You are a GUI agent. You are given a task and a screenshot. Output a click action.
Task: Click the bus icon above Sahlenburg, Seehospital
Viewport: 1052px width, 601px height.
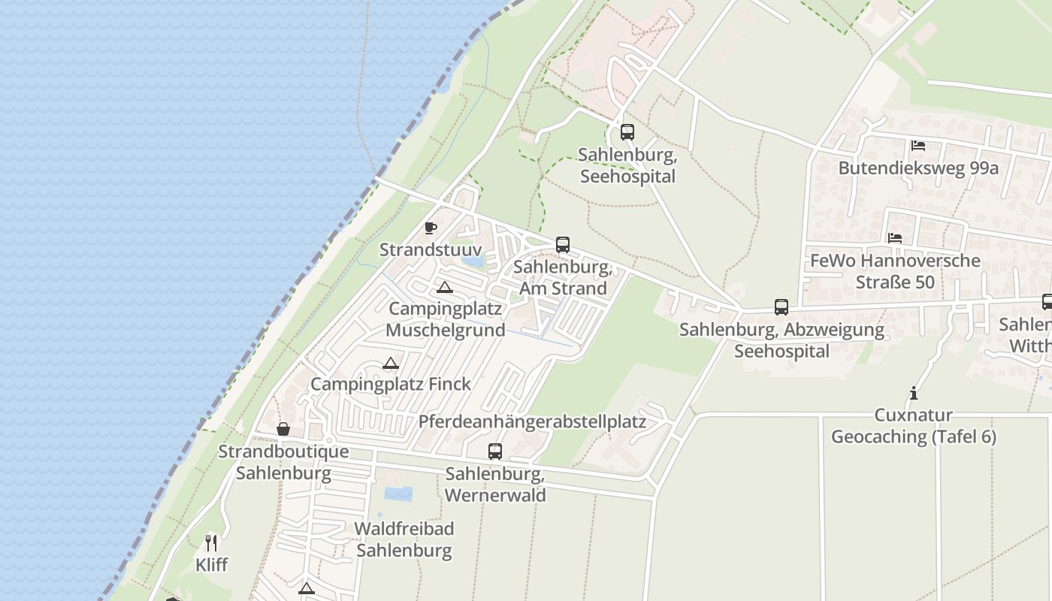[627, 132]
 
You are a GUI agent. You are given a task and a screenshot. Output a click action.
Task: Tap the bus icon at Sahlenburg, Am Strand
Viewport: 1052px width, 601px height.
[563, 244]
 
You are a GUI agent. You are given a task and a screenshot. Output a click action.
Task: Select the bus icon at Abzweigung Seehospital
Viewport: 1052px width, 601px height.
[781, 307]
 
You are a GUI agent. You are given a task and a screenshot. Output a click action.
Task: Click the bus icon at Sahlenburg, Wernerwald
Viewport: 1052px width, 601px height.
[495, 451]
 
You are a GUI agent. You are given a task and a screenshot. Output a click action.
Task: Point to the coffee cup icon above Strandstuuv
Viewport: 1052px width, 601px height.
[431, 228]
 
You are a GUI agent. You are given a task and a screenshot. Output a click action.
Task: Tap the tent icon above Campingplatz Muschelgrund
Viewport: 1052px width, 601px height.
[445, 287]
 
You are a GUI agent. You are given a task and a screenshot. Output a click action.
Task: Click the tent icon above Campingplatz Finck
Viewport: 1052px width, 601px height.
[390, 364]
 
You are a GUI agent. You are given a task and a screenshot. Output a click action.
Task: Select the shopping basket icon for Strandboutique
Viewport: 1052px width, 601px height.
[283, 429]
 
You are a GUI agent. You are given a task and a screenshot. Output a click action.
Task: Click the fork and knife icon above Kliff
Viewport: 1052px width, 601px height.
[211, 542]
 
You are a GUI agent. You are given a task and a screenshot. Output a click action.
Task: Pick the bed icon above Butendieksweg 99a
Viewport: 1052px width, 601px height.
[917, 145]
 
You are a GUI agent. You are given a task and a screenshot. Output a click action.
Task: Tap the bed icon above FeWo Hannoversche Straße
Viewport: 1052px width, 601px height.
[894, 237]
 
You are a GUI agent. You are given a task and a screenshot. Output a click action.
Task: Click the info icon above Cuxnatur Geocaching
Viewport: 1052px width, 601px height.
[913, 393]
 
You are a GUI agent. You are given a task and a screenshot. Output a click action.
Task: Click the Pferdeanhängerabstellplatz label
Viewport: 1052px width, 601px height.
[532, 421]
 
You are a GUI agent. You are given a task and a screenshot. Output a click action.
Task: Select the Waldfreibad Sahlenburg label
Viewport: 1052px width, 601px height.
[404, 539]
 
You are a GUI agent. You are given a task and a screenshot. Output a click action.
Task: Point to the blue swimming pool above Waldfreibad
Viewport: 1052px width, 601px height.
[398, 494]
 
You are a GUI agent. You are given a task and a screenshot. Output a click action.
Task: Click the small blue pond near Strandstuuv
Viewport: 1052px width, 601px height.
[473, 261]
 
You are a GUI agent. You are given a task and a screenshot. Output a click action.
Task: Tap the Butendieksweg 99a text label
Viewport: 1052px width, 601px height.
[918, 168]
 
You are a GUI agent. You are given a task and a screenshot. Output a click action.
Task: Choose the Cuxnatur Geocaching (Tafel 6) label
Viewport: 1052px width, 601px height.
[914, 426]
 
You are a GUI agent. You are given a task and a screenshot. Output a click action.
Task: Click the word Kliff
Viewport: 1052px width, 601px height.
[211, 565]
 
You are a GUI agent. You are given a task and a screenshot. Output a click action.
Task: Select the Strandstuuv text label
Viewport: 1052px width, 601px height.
[431, 249]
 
